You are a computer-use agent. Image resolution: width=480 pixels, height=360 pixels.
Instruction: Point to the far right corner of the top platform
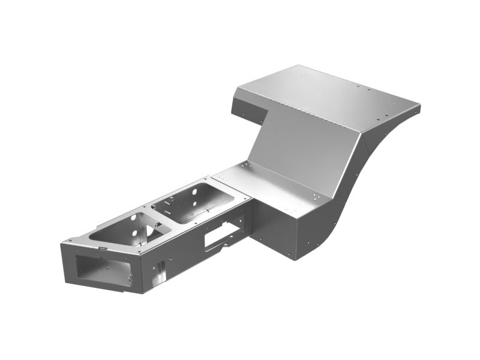coord(419,107)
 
